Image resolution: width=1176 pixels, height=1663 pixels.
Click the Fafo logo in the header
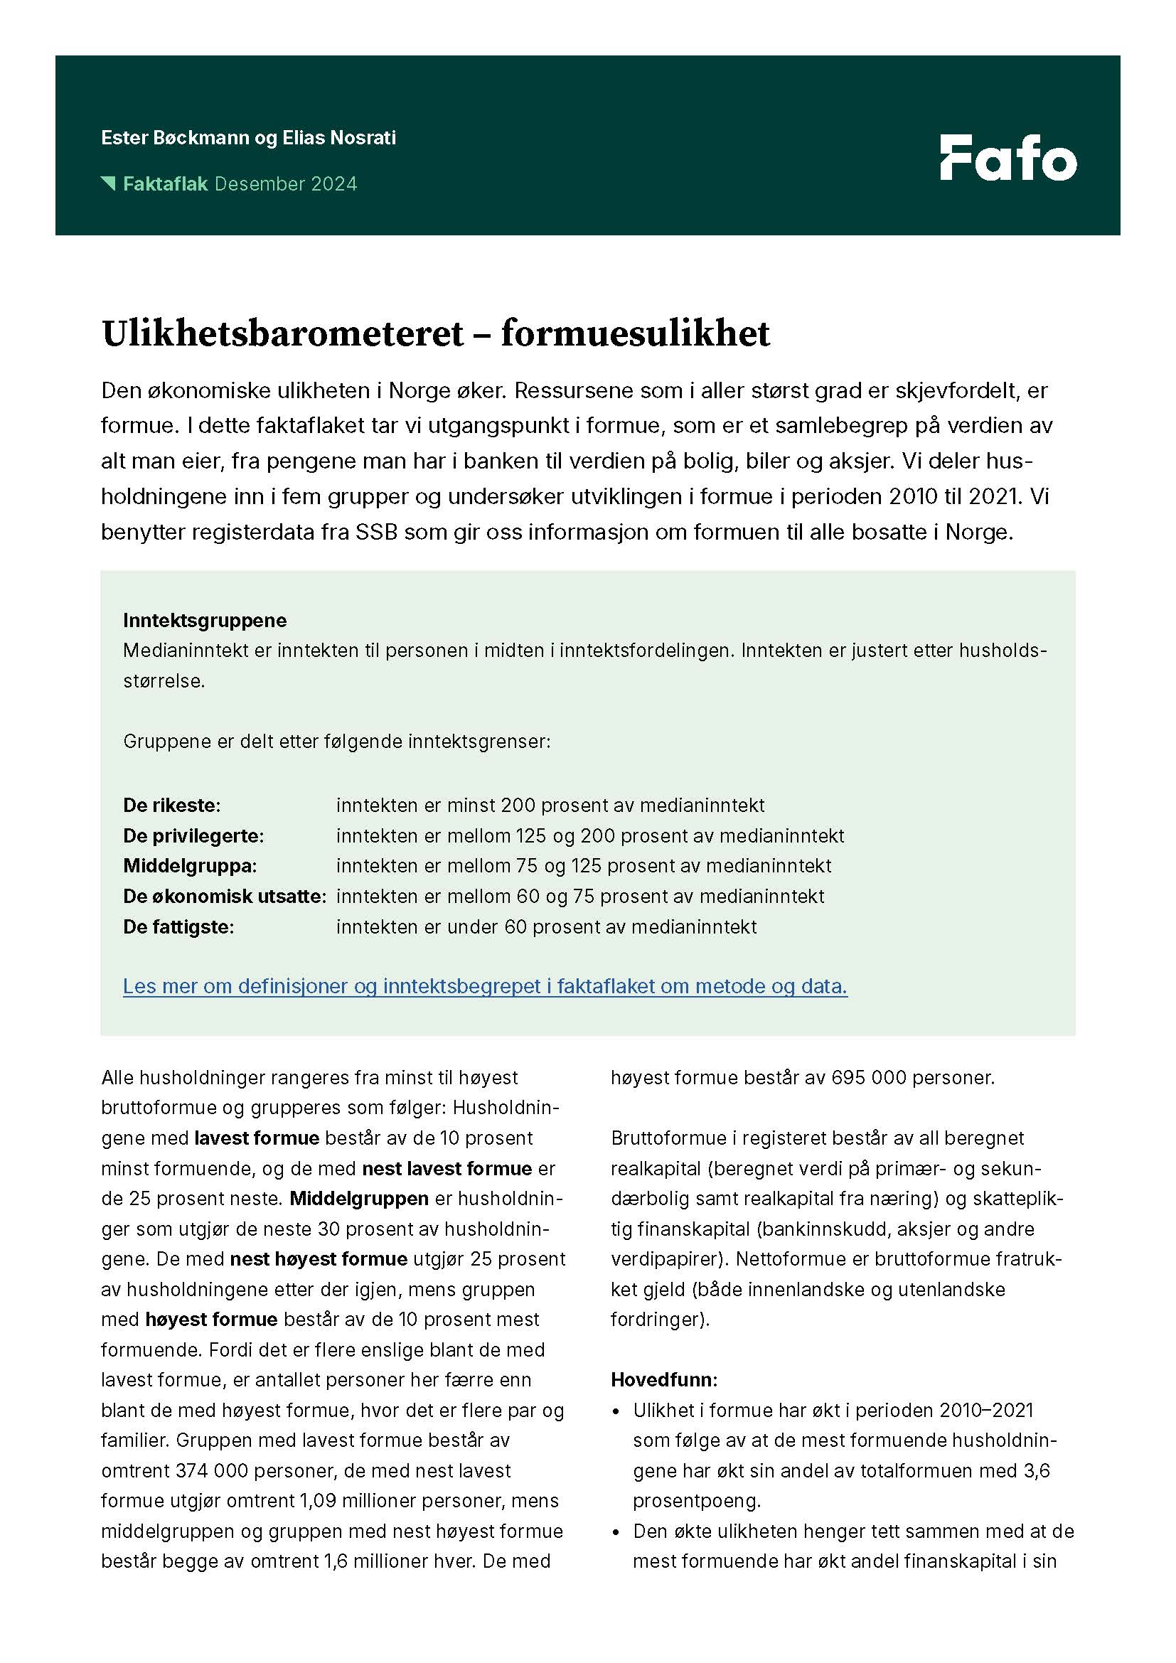click(x=1008, y=157)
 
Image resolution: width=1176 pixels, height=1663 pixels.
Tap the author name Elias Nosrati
click(x=339, y=138)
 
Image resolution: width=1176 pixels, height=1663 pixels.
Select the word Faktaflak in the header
click(x=165, y=184)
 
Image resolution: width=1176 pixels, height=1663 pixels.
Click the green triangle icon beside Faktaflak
click(x=109, y=183)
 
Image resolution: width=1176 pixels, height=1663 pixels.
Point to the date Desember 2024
click(x=286, y=184)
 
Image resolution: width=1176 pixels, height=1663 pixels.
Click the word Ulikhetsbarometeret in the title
click(x=282, y=334)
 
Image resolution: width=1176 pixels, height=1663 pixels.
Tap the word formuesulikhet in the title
click(x=635, y=334)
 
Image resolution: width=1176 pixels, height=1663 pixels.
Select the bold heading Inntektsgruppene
click(x=205, y=620)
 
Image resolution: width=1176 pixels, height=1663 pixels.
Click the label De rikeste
click(x=171, y=805)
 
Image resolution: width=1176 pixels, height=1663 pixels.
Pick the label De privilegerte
click(x=193, y=835)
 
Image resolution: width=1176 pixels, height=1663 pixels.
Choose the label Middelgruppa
click(x=190, y=865)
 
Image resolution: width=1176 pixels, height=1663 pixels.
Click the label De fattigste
click(x=178, y=926)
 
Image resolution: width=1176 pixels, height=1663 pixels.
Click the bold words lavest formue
click(x=257, y=1138)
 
